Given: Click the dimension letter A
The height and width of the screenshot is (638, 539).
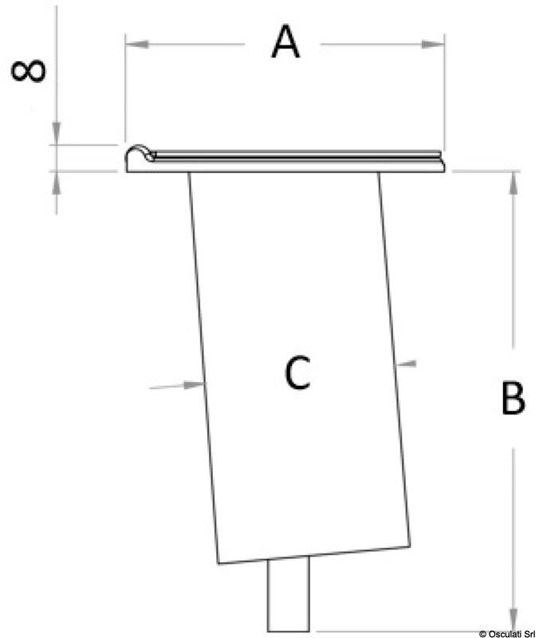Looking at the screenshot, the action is tap(285, 42).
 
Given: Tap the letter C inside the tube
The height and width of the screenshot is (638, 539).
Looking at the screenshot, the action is tap(297, 372).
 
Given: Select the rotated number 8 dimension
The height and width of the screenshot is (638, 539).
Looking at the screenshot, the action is tap(28, 71).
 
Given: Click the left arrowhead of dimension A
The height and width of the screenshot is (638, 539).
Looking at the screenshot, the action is tap(136, 44).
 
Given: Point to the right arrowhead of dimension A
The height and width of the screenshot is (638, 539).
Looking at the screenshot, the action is tap(433, 44).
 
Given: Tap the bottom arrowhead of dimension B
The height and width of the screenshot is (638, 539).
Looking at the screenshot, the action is tap(513, 620).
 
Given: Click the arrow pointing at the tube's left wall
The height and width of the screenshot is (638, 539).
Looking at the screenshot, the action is tap(176, 385).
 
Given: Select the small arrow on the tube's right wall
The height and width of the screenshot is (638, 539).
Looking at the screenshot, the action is tap(406, 364).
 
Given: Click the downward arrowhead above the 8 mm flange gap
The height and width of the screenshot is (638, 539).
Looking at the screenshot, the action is tap(56, 133).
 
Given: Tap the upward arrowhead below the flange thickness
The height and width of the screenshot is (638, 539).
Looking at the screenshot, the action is tap(56, 183).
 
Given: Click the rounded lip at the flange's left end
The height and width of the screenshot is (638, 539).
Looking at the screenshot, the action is tap(140, 153).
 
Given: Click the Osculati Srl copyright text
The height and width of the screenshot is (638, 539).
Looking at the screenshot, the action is tap(507, 633).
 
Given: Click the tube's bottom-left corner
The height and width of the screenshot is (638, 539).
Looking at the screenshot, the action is tap(218, 564).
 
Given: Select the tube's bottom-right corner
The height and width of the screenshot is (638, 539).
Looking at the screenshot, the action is tap(410, 546).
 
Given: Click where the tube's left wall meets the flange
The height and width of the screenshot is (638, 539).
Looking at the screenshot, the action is tap(188, 172).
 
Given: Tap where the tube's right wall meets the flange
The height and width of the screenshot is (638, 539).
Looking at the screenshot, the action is tap(379, 172).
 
